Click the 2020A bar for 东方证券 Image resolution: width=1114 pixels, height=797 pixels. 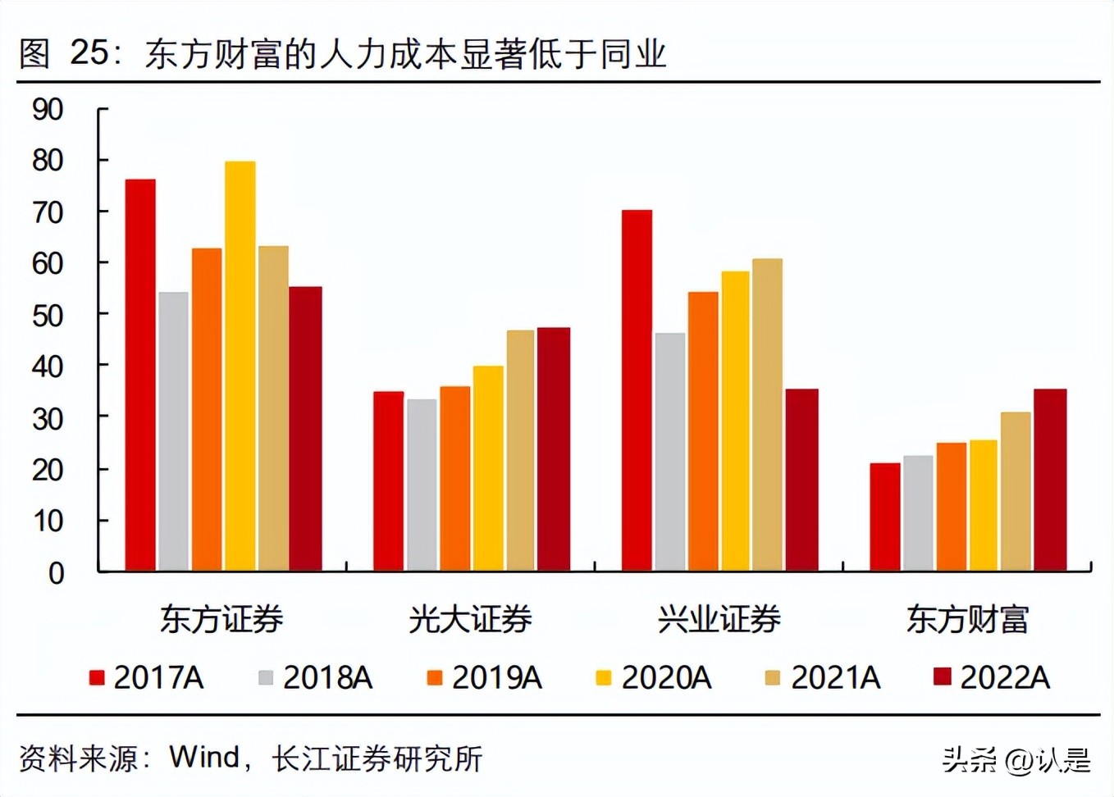tap(240, 366)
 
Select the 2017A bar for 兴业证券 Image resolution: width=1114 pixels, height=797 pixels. tap(637, 390)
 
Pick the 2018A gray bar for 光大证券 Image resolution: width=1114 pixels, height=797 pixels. tap(422, 485)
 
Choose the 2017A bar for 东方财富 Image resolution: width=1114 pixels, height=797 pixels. tap(885, 517)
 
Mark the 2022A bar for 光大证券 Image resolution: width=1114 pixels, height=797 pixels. tap(554, 449)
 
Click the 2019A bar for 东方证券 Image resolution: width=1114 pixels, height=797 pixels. tap(207, 409)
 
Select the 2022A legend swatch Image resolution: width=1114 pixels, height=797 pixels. tap(943, 677)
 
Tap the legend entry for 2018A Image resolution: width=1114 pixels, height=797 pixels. tap(317, 678)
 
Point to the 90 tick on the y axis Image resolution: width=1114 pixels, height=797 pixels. tap(48, 109)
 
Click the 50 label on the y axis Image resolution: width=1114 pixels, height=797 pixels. tap(48, 316)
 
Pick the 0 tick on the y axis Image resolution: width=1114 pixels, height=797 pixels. tap(56, 573)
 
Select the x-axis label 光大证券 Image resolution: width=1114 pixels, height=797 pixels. tap(470, 620)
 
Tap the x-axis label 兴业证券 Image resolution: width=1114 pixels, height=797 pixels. tap(719, 620)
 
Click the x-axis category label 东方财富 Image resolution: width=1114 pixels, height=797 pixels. tap(967, 620)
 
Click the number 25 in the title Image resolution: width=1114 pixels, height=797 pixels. tap(89, 52)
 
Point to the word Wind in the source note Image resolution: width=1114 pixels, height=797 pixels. tap(204, 758)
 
